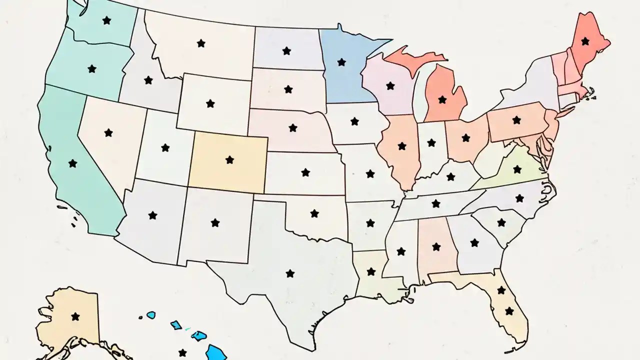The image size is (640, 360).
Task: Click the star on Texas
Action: (x=290, y=273)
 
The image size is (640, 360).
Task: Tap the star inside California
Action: (x=73, y=163)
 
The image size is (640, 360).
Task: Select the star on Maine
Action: (x=585, y=41)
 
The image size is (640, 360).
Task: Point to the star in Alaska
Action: (x=75, y=316)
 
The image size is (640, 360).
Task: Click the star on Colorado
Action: (x=229, y=160)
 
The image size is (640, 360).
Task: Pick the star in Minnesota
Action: (x=341, y=62)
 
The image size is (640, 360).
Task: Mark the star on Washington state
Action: (x=106, y=20)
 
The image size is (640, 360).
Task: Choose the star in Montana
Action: (x=201, y=43)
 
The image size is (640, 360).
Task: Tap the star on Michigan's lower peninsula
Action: (x=442, y=99)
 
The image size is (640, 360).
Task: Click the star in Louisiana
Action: (x=371, y=271)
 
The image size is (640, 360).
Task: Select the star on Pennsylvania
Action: (x=516, y=120)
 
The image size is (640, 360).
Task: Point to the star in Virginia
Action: (x=515, y=170)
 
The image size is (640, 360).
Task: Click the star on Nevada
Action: (x=108, y=132)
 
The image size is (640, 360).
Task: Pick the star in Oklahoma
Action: (x=314, y=213)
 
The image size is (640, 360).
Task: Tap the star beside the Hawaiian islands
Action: (x=182, y=352)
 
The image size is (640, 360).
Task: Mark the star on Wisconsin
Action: (x=390, y=86)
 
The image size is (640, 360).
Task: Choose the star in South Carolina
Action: (x=501, y=222)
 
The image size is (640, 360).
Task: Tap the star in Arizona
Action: (x=152, y=215)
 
